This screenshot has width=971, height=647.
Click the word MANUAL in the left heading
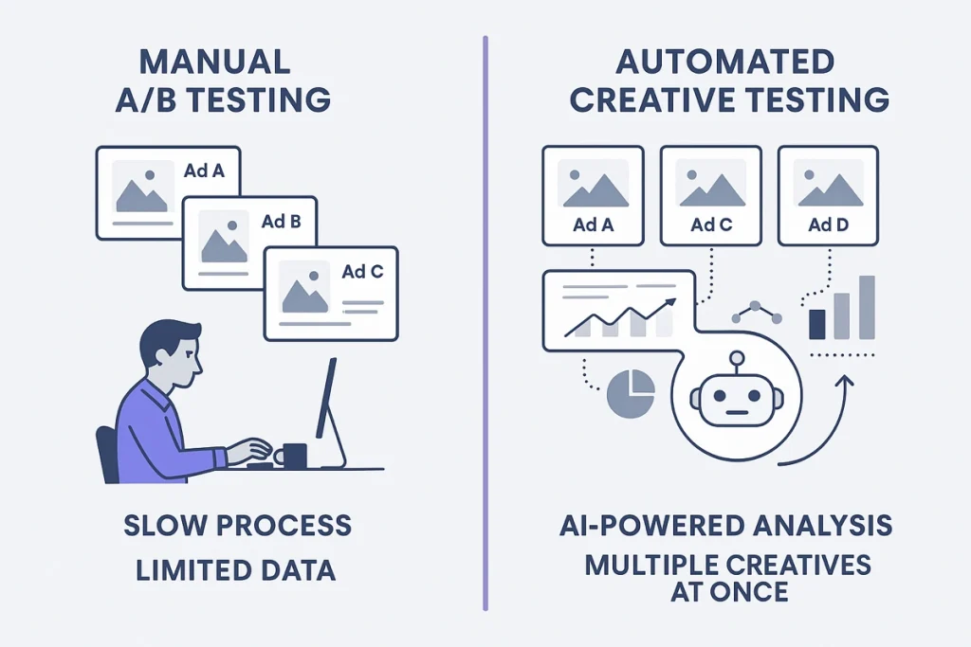pyautogui.click(x=214, y=63)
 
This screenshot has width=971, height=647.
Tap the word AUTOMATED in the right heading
pyautogui.click(x=725, y=63)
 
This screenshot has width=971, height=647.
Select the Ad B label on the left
pyautogui.click(x=281, y=223)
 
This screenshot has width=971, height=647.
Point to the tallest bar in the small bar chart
pyautogui.click(x=866, y=307)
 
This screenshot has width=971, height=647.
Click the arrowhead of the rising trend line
pyautogui.click(x=671, y=302)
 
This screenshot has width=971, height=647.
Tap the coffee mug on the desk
pyautogui.click(x=293, y=456)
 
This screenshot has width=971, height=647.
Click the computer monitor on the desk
pyautogui.click(x=326, y=398)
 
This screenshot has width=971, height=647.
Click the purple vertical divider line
pyautogui.click(x=485, y=322)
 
